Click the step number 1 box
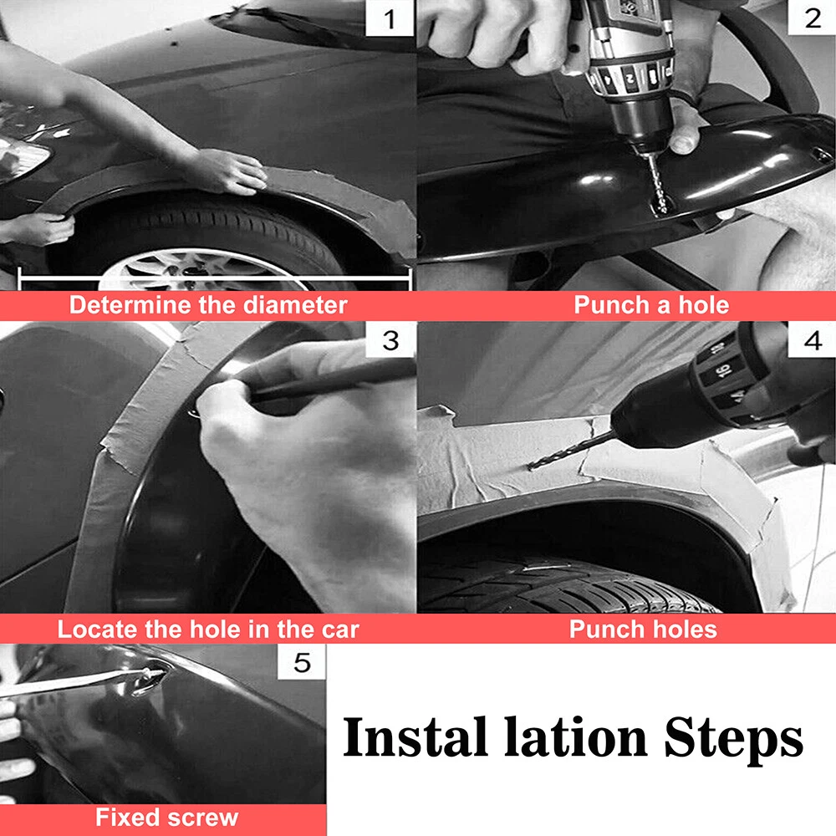coord(390,18)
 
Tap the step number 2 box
coord(812,18)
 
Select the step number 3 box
coord(390,339)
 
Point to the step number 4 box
coord(812,339)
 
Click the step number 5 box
coord(302,662)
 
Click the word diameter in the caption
coord(295,305)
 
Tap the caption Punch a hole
coord(651,305)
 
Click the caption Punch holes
coord(643,630)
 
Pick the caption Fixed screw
coord(166,818)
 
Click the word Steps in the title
coord(734,738)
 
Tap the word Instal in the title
coord(415,737)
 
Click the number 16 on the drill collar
coord(722,370)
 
